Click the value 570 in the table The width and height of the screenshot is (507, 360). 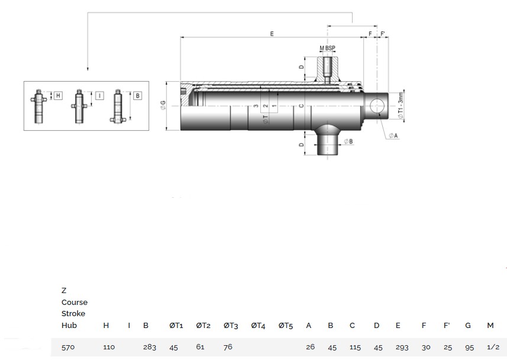tap(68, 347)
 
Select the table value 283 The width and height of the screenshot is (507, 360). tap(150, 347)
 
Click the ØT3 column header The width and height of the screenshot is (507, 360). tap(231, 325)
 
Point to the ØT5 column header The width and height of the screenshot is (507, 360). tap(286, 325)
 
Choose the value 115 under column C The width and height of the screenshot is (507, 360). tap(355, 347)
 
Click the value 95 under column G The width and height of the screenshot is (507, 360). tap(470, 347)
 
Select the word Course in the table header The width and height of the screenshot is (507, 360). tap(74, 302)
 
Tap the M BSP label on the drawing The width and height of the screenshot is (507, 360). tap(327, 47)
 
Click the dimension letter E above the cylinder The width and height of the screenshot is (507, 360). tap(272, 34)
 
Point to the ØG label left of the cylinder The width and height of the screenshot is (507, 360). tap(163, 106)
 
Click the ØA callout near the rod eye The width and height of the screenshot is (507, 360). tap(393, 136)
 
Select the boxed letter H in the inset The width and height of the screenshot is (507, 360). tap(58, 95)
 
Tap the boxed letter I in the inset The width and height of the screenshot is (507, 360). tap(99, 95)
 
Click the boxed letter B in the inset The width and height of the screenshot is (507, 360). tap(137, 95)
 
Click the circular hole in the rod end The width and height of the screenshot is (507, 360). tap(376, 107)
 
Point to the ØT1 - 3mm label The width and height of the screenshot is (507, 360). tap(401, 105)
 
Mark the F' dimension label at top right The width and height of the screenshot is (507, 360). tap(383, 34)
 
